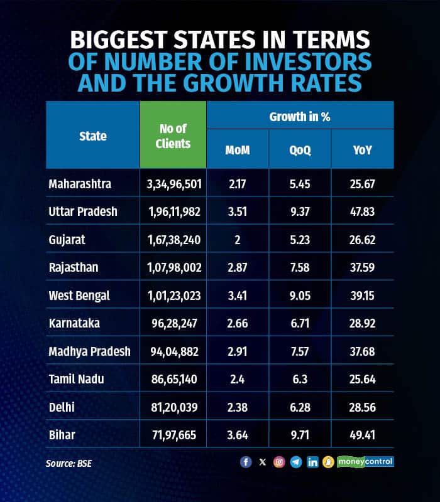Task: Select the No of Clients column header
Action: click(173, 136)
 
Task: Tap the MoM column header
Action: click(237, 151)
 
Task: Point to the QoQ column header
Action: click(300, 151)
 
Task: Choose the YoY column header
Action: click(362, 151)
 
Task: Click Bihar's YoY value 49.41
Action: click(362, 434)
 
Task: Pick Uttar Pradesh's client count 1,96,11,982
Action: click(173, 211)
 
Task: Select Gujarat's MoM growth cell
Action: click(237, 240)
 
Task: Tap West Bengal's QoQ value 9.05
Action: click(300, 296)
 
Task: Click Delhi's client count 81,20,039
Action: click(173, 407)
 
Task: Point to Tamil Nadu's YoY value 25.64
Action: click(362, 379)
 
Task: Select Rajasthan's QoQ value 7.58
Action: click(300, 267)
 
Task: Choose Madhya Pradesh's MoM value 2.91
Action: click(237, 351)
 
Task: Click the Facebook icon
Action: click(246, 462)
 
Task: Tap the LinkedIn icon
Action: click(312, 462)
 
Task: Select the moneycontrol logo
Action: click(365, 462)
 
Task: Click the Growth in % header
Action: click(300, 117)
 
